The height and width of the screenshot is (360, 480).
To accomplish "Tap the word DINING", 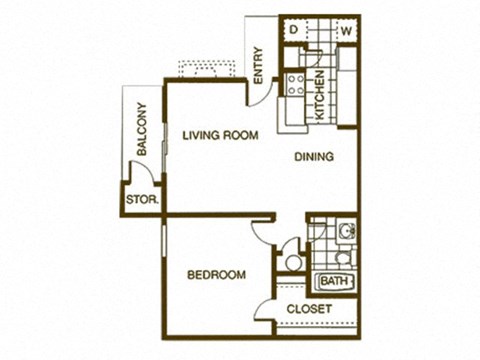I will coord(313,156).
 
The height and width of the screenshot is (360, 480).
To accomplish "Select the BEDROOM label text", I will coord(217,275).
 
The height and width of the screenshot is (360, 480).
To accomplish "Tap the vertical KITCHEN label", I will coord(319,97).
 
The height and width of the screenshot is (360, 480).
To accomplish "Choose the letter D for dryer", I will coord(293,30).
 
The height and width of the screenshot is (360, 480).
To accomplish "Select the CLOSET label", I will coord(310,309).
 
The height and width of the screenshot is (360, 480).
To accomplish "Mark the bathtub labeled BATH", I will coord(334,281).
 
